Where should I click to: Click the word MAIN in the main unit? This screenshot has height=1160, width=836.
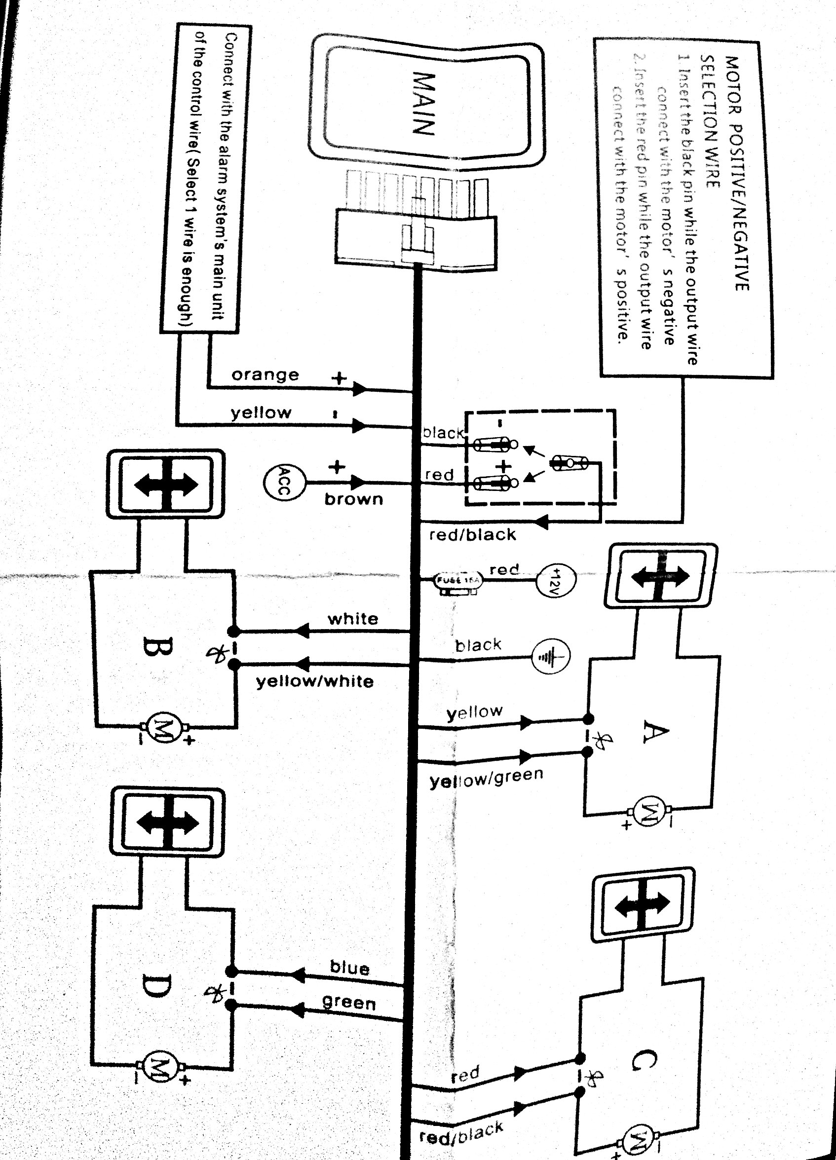[x=424, y=103]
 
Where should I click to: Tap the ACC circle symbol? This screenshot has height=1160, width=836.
[x=284, y=482]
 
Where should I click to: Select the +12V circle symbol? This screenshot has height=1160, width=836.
[x=556, y=581]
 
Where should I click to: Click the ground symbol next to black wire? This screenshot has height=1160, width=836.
[x=551, y=656]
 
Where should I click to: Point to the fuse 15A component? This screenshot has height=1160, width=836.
[x=457, y=581]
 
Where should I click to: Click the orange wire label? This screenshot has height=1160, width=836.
[x=265, y=375]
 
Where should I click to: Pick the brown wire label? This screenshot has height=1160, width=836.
[x=353, y=499]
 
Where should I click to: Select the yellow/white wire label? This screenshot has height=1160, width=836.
[x=315, y=682]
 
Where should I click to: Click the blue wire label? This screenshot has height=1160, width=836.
[x=349, y=968]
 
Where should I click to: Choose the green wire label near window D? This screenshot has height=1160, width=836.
[x=349, y=1002]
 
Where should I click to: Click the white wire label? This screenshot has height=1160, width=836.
[x=353, y=619]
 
